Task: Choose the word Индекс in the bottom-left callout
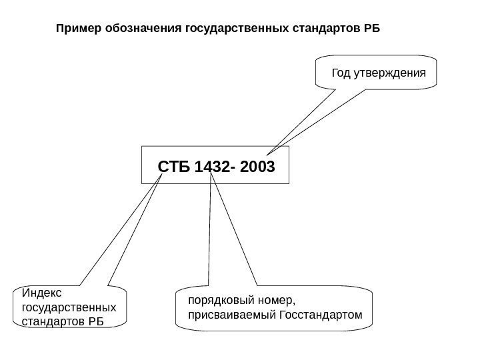click(x=41, y=293)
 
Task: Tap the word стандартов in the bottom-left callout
click(x=49, y=322)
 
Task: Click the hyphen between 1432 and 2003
click(x=231, y=165)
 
